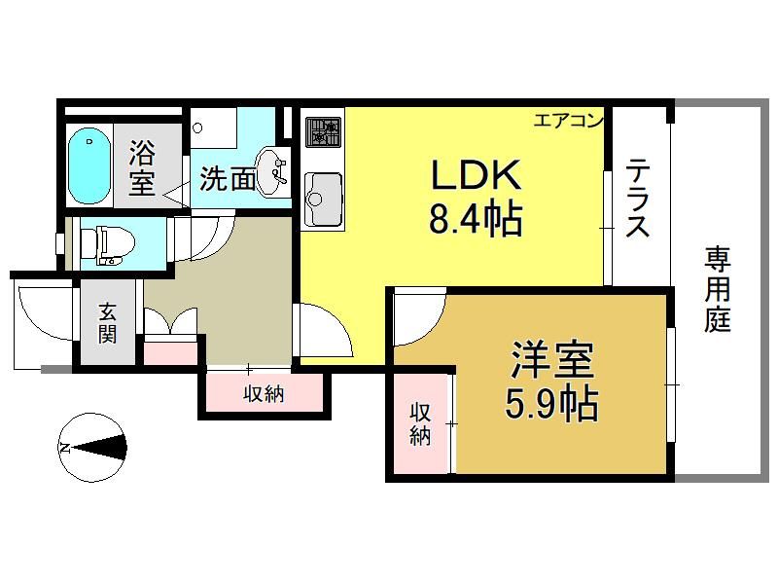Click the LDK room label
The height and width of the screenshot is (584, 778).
[477, 175]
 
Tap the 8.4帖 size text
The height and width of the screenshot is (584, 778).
[476, 218]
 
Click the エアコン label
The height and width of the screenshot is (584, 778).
[569, 121]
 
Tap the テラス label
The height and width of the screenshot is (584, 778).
[637, 198]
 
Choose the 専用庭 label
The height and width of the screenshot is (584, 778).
[718, 289]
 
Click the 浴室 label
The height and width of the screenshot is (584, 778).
[142, 167]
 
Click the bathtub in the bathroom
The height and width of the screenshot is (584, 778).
[88, 165]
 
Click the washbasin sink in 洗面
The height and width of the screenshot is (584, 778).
[270, 171]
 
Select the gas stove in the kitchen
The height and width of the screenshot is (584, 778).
[323, 132]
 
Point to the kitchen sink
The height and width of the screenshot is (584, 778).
[323, 199]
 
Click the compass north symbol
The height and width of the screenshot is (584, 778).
[92, 448]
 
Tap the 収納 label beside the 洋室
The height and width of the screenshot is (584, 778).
[420, 423]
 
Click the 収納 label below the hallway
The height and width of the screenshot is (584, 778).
[264, 394]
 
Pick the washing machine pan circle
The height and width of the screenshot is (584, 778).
[198, 128]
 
